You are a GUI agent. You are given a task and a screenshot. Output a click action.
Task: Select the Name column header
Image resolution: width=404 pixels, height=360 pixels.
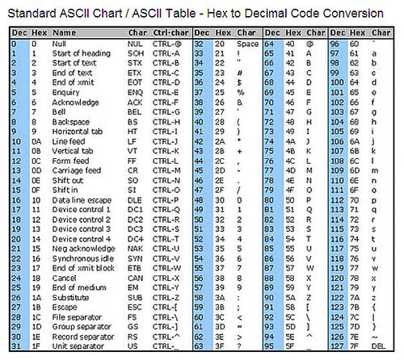[x=65, y=32]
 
